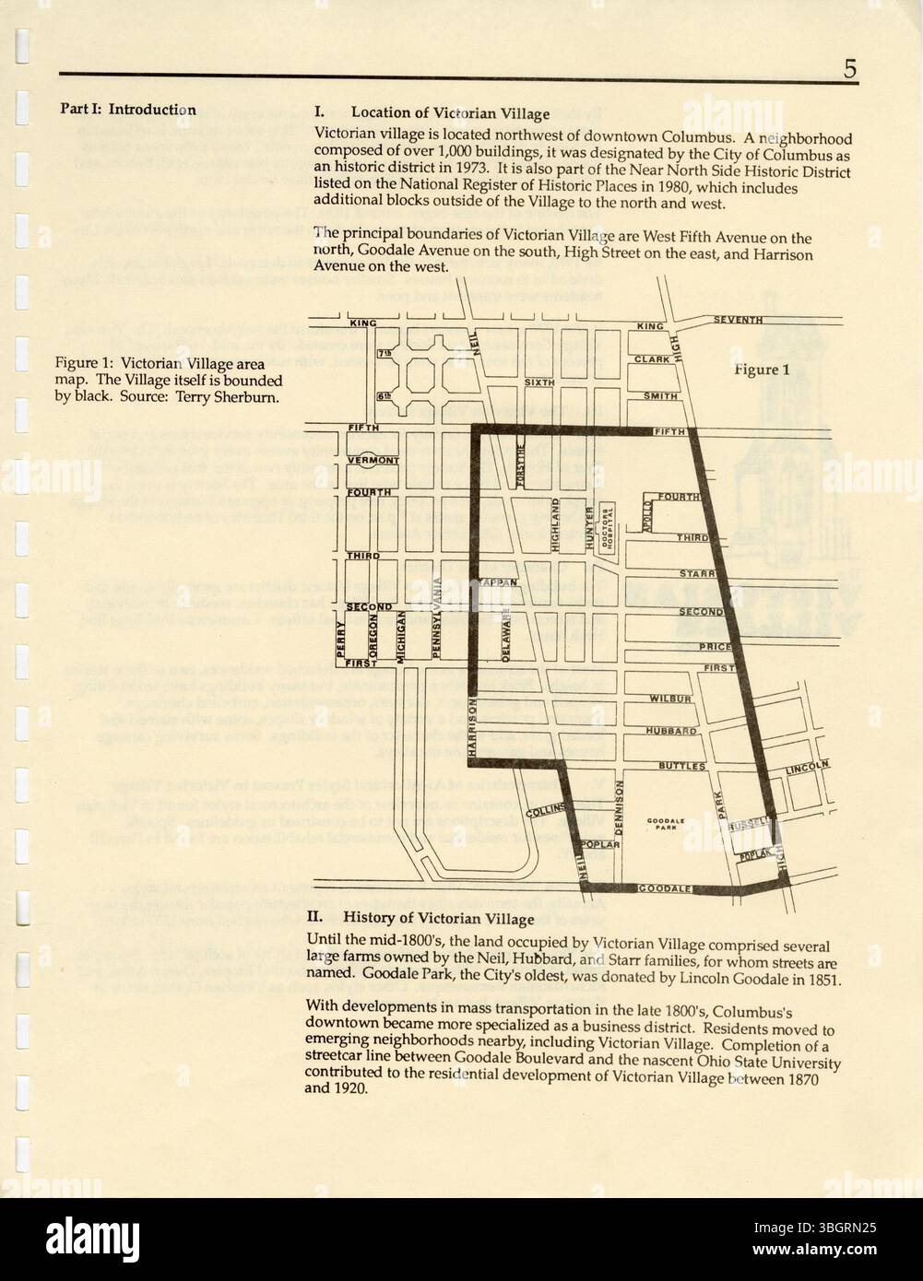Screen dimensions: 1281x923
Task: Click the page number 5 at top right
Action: coord(849,69)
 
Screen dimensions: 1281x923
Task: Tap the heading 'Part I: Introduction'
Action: coord(128,110)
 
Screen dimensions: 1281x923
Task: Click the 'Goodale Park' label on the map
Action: coord(664,824)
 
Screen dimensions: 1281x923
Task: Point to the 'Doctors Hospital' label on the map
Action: coord(607,529)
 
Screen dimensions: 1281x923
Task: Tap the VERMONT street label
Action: coord(373,459)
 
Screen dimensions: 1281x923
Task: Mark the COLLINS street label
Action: coord(545,811)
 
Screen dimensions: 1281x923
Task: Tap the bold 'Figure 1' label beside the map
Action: coord(762,370)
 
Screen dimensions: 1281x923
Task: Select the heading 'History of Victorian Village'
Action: coord(438,918)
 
